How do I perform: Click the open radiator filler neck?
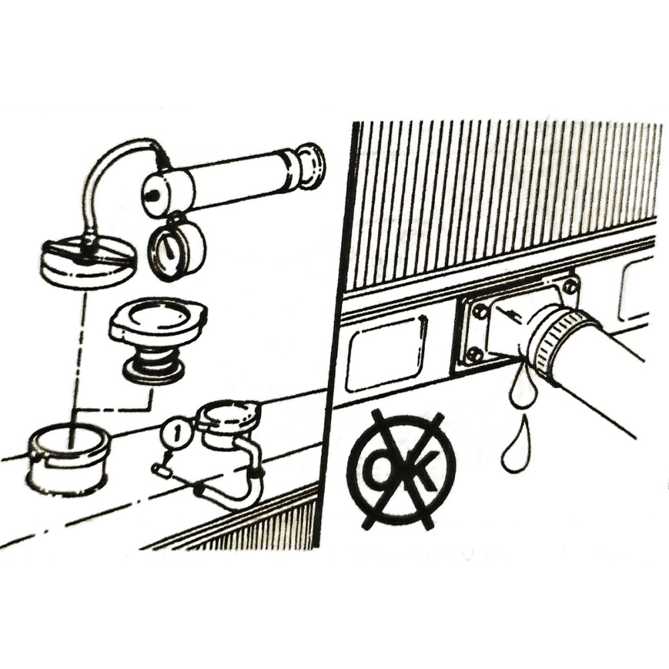(69, 458)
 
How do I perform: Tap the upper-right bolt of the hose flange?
(569, 286)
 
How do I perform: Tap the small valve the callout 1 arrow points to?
(162, 470)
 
